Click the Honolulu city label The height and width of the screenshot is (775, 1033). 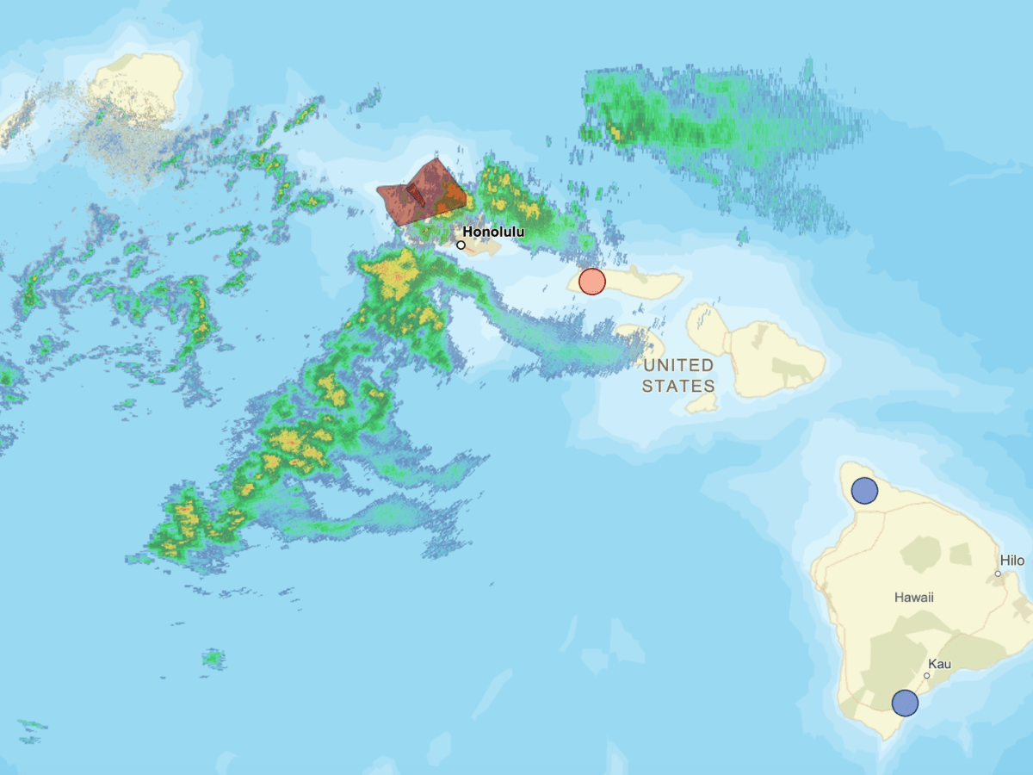coord(493,232)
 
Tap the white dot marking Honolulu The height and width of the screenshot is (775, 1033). coord(461,245)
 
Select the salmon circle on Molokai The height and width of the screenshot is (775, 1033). coord(592,282)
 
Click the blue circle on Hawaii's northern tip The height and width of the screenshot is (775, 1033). coord(864,491)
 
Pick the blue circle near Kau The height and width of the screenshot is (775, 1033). coord(905,703)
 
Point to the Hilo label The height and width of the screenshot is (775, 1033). coord(1012,561)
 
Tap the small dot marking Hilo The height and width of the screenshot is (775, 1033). coord(999,573)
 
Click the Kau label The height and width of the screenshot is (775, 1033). coord(939,663)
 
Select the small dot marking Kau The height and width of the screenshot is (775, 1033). coord(926,675)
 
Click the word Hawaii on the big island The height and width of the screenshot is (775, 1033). coord(913,597)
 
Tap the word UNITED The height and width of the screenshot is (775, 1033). coord(678,365)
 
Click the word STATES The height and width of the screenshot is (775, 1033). coord(678,386)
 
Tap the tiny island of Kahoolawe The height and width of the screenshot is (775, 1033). coord(703,402)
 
